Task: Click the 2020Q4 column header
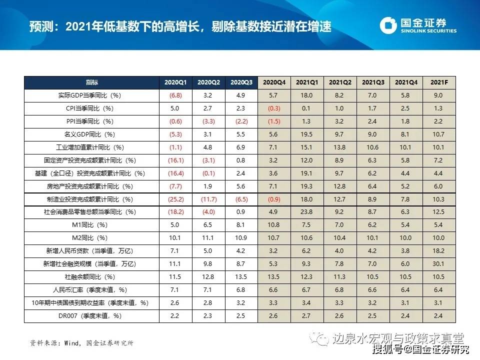(274, 82)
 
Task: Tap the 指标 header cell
(92, 82)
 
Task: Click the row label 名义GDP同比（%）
(92, 134)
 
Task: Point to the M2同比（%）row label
(92, 238)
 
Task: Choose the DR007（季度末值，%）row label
(92, 316)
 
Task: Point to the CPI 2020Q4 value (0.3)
(274, 108)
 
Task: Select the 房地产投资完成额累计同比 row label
(92, 186)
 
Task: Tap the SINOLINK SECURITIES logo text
(428, 30)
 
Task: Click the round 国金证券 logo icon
(388, 25)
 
